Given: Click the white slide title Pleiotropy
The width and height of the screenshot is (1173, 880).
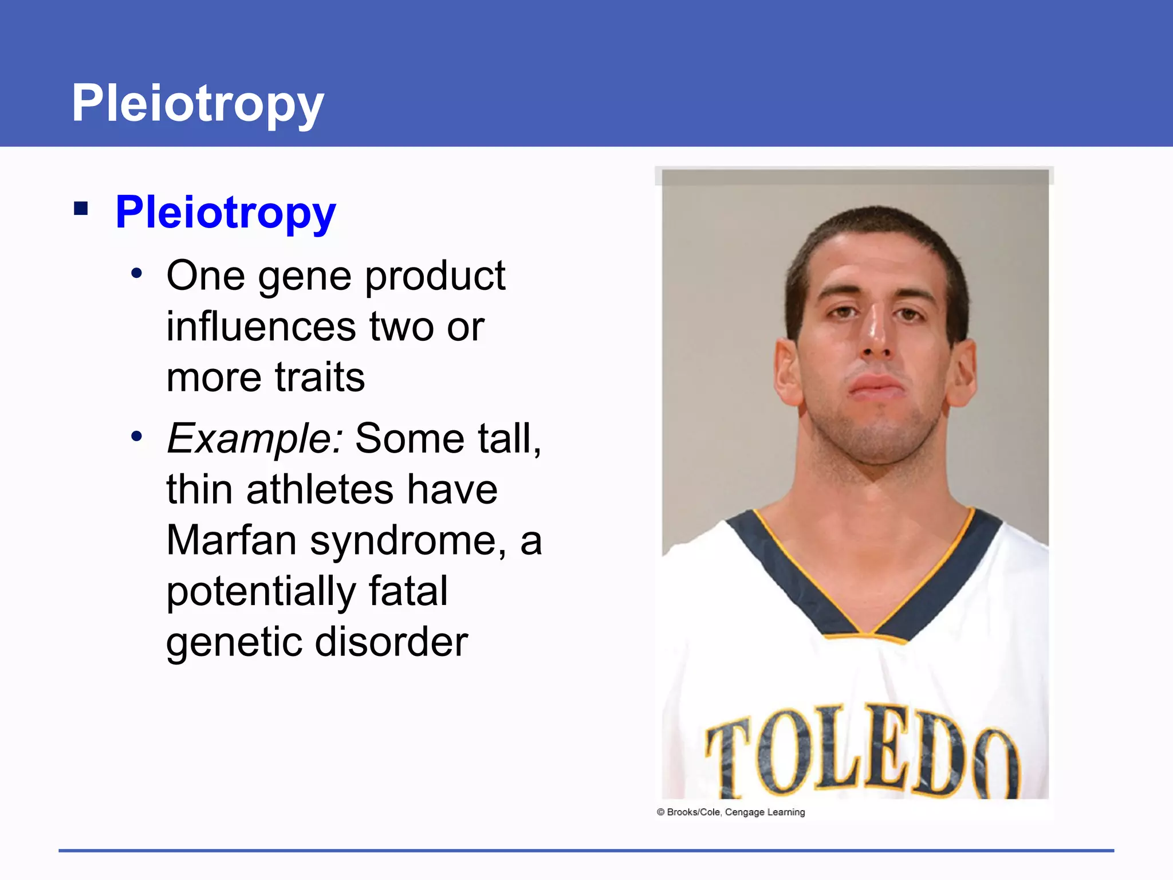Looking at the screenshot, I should point(198,103).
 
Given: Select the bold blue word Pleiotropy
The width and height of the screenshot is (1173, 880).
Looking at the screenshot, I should point(225,212).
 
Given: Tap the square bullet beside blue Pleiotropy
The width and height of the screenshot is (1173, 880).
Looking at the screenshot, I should point(81,208).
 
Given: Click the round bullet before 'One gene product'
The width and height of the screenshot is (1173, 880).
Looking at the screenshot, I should point(136,273).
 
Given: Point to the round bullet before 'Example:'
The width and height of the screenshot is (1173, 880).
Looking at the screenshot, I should point(136,437).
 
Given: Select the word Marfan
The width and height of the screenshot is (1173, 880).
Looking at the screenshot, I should point(231,540).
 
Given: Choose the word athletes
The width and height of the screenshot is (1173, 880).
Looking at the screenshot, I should point(320,490).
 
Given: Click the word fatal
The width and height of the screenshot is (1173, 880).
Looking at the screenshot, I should point(408,591).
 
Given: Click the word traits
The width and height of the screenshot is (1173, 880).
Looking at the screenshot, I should point(320,378).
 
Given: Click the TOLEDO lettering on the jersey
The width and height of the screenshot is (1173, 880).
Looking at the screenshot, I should point(862,751).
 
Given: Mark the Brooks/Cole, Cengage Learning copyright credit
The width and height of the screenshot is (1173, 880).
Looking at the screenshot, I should point(731,812).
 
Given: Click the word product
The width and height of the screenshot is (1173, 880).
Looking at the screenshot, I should point(435,277).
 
